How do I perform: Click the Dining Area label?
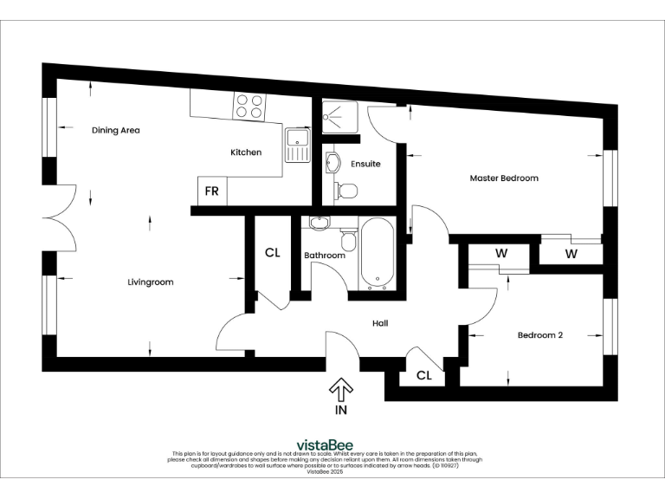[x=116, y=131]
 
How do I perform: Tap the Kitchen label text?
[x=245, y=152]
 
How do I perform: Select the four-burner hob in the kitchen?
[x=249, y=106]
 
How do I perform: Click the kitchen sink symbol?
[x=297, y=145]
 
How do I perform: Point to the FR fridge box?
[x=211, y=191]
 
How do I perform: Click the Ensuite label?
[x=365, y=163]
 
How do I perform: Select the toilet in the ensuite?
[x=347, y=190]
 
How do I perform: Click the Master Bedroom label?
[x=504, y=178]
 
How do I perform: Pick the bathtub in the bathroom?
[x=377, y=253]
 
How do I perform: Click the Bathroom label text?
[x=325, y=256]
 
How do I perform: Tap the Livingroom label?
[x=151, y=282]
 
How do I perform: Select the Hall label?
[x=380, y=323]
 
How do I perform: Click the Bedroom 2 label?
[x=540, y=335]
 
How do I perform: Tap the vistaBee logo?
[x=324, y=445]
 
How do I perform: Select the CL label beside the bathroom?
[x=272, y=253]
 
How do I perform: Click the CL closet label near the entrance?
[x=424, y=376]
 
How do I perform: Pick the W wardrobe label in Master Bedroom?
[x=571, y=254]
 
